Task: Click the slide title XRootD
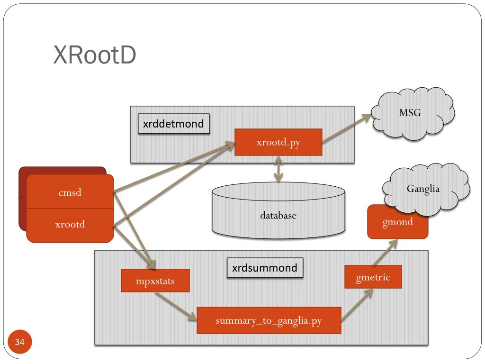(x=95, y=55)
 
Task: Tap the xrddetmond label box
(x=173, y=124)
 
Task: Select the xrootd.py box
(x=278, y=142)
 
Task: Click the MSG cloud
(x=413, y=113)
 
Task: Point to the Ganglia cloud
(x=426, y=189)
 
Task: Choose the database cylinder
(x=278, y=210)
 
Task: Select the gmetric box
(x=373, y=277)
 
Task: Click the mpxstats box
(x=155, y=281)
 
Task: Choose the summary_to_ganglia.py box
(x=269, y=320)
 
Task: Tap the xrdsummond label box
(x=265, y=268)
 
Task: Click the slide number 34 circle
(x=20, y=342)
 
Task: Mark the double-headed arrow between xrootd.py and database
(x=278, y=169)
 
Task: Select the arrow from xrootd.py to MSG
(x=347, y=128)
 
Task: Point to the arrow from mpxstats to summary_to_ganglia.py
(x=176, y=306)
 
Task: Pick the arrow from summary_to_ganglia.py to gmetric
(x=357, y=305)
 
